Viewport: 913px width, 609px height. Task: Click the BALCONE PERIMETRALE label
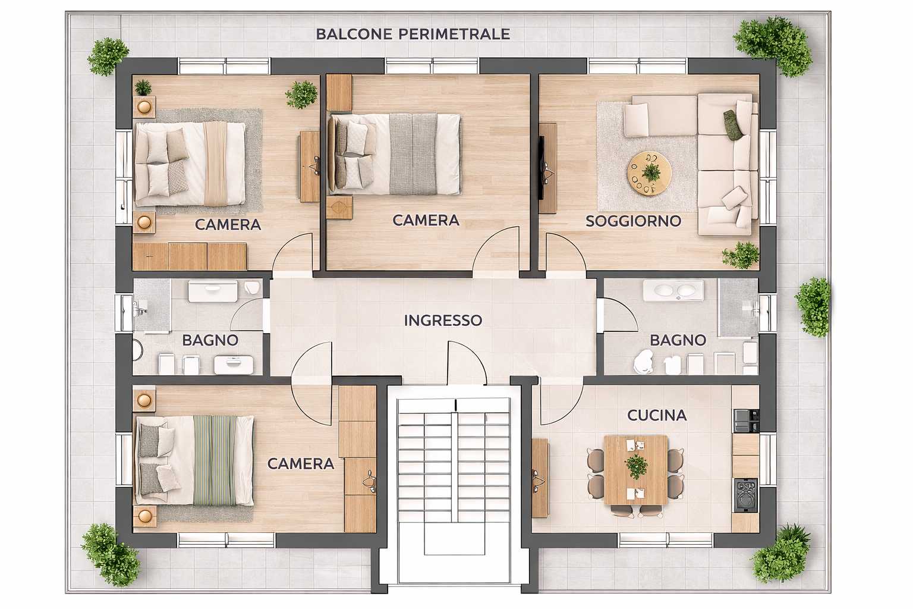pyautogui.click(x=413, y=34)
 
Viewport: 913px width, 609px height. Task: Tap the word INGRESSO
pyautogui.click(x=443, y=321)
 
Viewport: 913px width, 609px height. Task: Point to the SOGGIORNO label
pyautogui.click(x=634, y=221)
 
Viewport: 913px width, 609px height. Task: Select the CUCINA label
pyautogui.click(x=657, y=415)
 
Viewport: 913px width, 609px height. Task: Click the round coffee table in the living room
pyautogui.click(x=649, y=173)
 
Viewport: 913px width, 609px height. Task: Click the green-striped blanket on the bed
pyautogui.click(x=215, y=460)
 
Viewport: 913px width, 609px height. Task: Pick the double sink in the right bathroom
pyautogui.click(x=673, y=290)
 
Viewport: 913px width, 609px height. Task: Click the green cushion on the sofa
pyautogui.click(x=732, y=124)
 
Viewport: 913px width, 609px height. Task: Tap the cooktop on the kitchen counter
pyautogui.click(x=746, y=495)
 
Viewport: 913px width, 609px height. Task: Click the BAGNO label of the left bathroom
pyautogui.click(x=210, y=340)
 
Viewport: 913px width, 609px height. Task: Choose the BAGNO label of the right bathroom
pyautogui.click(x=678, y=340)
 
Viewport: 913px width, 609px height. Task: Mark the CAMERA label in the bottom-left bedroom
pyautogui.click(x=301, y=464)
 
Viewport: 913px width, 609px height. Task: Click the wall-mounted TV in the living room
pyautogui.click(x=541, y=168)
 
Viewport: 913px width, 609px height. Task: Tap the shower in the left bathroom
pyautogui.click(x=152, y=306)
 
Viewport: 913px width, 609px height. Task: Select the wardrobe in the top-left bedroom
pyautogui.click(x=190, y=256)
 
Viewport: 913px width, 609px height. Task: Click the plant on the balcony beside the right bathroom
pyautogui.click(x=813, y=307)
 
